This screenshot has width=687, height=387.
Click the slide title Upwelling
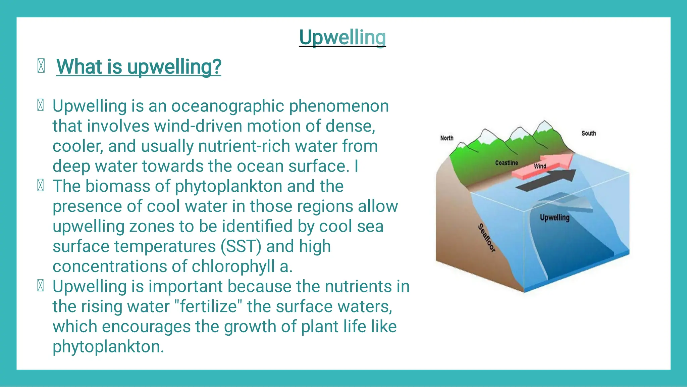click(x=342, y=37)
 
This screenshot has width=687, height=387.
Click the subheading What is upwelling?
click(x=139, y=66)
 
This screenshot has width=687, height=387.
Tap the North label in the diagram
click(x=446, y=138)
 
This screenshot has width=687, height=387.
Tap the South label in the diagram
click(x=588, y=133)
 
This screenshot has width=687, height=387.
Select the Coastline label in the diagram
click(x=506, y=163)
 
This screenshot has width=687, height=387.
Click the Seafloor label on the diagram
click(x=486, y=238)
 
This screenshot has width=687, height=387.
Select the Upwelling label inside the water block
click(x=554, y=217)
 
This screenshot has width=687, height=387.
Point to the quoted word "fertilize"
click(x=208, y=306)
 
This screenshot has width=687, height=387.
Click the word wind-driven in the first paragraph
click(x=198, y=126)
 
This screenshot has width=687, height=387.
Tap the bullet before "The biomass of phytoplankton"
click(x=41, y=186)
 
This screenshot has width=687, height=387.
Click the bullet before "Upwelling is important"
click(x=41, y=286)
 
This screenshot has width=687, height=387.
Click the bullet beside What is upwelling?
click(x=41, y=66)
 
